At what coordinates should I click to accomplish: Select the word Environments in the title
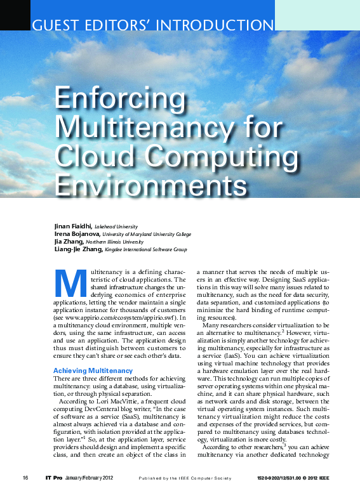(151, 185)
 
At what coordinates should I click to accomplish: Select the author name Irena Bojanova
(77, 234)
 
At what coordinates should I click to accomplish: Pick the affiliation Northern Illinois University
(121, 242)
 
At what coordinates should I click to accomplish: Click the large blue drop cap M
(70, 285)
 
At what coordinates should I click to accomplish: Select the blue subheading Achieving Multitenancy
(93, 370)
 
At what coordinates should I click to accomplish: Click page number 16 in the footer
(25, 477)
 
